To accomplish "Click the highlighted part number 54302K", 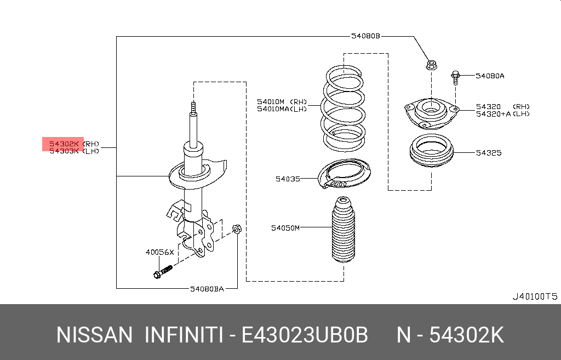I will [64, 144].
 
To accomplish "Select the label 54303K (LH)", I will [74, 151].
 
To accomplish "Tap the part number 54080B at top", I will [365, 37].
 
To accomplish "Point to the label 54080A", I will [490, 76].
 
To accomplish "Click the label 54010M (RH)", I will [282, 101].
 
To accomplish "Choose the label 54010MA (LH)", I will [282, 108].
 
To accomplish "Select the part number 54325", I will [488, 153].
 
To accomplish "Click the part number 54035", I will [288, 179].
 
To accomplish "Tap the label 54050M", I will [285, 227].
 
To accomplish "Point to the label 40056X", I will [159, 253].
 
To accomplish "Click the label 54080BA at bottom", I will [207, 288].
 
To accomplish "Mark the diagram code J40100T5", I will [534, 296].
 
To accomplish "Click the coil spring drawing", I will [344, 110].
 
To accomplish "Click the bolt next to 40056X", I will [162, 271].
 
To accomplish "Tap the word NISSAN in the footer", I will [95, 334].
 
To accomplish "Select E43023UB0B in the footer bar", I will [305, 334].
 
